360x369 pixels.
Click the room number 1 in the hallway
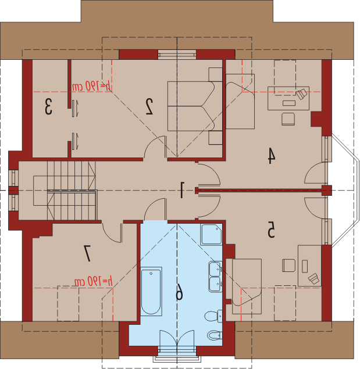click(x=182, y=189)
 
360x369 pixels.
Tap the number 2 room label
click(x=149, y=106)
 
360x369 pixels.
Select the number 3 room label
click(x=48, y=106)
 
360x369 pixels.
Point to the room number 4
click(x=272, y=155)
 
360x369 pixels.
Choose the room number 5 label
click(x=271, y=229)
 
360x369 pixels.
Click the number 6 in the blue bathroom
click(x=179, y=292)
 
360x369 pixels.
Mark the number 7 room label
click(x=87, y=253)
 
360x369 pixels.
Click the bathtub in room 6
click(x=151, y=291)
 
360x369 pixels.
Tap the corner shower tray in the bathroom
click(x=211, y=234)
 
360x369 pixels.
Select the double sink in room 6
click(x=215, y=277)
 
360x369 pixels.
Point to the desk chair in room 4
click(x=288, y=119)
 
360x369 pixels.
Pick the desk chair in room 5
click(x=289, y=266)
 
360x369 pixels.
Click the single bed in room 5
click(x=247, y=286)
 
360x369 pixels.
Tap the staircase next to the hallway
click(x=65, y=191)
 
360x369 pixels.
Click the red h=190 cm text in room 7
click(x=94, y=281)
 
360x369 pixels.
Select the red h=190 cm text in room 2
click(x=91, y=86)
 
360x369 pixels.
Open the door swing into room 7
click(x=112, y=233)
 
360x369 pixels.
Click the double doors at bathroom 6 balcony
click(x=177, y=338)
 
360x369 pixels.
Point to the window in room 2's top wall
click(x=177, y=55)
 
